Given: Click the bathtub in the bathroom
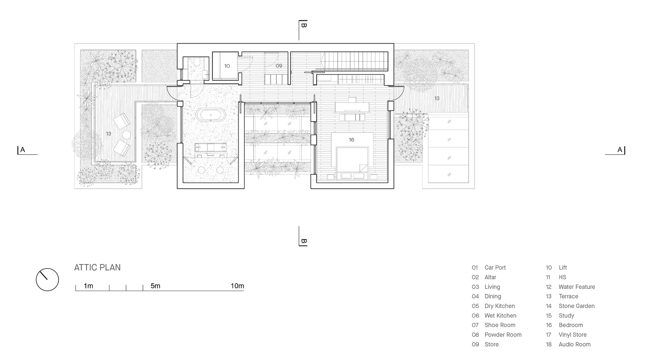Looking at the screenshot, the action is click(211, 115).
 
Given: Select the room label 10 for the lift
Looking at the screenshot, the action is click(227, 66).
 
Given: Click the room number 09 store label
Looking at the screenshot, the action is click(278, 66).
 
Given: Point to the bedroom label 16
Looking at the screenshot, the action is click(351, 140).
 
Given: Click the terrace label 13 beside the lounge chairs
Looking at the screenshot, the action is click(109, 134).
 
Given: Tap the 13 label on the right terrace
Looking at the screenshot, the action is click(437, 98).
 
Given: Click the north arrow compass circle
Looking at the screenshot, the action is click(47, 280).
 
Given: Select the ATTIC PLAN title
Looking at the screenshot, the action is click(98, 267).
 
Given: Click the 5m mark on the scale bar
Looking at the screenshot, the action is click(156, 286).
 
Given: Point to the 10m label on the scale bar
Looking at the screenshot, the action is click(237, 286).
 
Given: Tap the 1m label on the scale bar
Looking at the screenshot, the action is click(88, 286).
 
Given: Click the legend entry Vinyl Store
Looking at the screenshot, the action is click(572, 335).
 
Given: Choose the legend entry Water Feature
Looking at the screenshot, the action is click(577, 287).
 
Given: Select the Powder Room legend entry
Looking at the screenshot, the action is click(503, 335).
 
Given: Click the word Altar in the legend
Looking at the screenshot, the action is click(490, 277).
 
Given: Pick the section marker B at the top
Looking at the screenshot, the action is click(303, 25).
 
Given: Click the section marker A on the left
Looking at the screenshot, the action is click(22, 150).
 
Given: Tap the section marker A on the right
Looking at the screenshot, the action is click(619, 150).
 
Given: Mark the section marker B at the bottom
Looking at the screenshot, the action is click(303, 241).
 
